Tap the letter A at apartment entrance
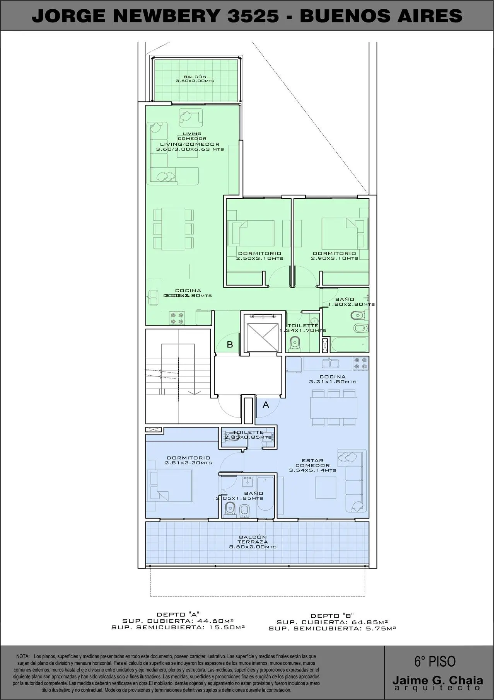tap(266, 405)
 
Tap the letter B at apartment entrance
tap(230, 344)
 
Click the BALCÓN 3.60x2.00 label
tap(195, 79)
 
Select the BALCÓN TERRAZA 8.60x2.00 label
tap(253, 542)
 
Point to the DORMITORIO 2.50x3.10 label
tap(259, 256)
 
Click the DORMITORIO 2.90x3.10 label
tap(335, 256)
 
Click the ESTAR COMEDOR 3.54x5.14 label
tap(312, 465)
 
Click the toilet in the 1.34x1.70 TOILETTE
tap(295, 342)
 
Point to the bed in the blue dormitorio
tap(170, 485)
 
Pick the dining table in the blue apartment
tap(334, 407)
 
